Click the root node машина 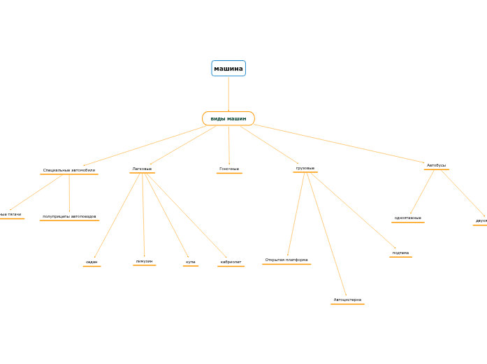228,69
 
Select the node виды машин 228,119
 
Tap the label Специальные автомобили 69,170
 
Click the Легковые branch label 142,169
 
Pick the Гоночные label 229,169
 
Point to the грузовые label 305,168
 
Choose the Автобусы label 436,165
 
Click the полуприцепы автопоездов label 69,216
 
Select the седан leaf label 92,262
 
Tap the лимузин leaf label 144,261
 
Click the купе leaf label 191,262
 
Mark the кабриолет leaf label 231,262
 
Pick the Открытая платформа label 286,260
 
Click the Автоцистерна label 347,300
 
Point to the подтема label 400,253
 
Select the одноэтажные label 408,218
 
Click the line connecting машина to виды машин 228,94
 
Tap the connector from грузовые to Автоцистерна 326,234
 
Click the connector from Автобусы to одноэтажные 422,192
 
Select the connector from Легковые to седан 117,216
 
